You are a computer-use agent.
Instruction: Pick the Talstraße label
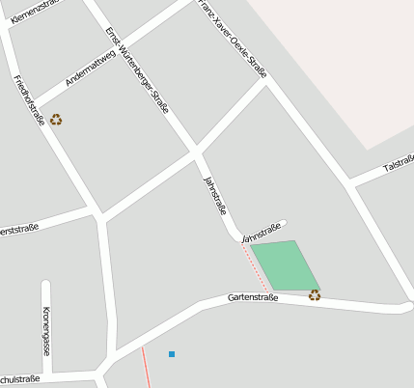pos(398,164)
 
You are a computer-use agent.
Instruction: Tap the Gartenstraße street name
pos(253,298)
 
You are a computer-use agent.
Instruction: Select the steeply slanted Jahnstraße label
pos(214,195)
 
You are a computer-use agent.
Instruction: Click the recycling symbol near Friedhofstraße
pos(56,120)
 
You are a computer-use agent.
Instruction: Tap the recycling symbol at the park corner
pos(315,295)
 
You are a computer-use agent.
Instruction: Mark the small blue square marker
pos(172,354)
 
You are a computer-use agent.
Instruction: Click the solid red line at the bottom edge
pos(146,368)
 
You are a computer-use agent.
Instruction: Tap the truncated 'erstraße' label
pos(18,230)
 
